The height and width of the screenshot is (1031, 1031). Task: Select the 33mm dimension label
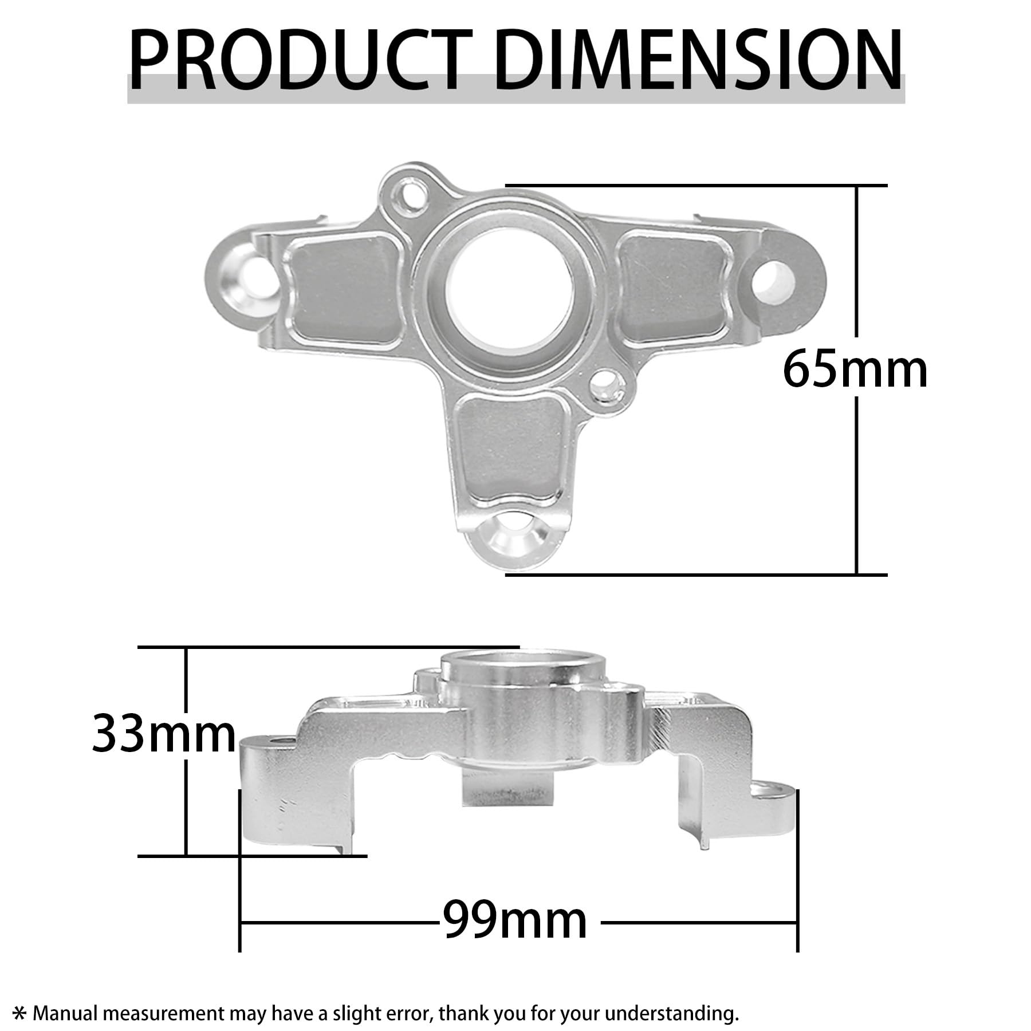click(x=164, y=734)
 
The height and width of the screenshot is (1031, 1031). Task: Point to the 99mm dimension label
click(x=515, y=920)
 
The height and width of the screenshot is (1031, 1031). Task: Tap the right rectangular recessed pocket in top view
click(x=670, y=286)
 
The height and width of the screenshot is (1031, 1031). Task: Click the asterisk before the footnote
click(x=19, y=1014)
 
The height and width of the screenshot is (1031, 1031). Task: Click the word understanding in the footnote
click(x=670, y=1014)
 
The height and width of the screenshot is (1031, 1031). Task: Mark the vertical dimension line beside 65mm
click(x=856, y=258)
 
